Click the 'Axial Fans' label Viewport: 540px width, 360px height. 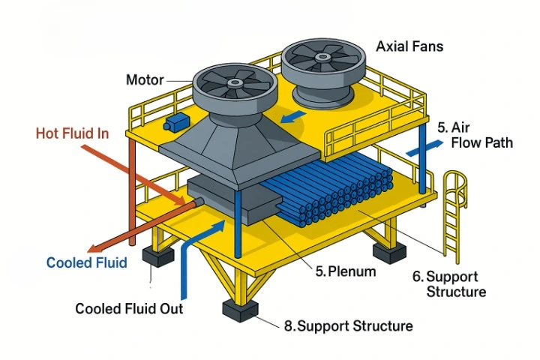click(x=409, y=46)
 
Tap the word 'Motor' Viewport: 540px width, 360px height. click(x=145, y=79)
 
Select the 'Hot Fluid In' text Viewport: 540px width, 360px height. click(x=73, y=133)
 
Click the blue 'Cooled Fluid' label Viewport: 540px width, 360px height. click(x=87, y=262)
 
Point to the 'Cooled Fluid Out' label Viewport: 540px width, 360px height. click(x=129, y=308)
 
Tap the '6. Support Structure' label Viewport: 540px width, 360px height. click(x=450, y=283)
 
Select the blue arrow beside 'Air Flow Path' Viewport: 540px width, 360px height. click(x=419, y=148)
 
